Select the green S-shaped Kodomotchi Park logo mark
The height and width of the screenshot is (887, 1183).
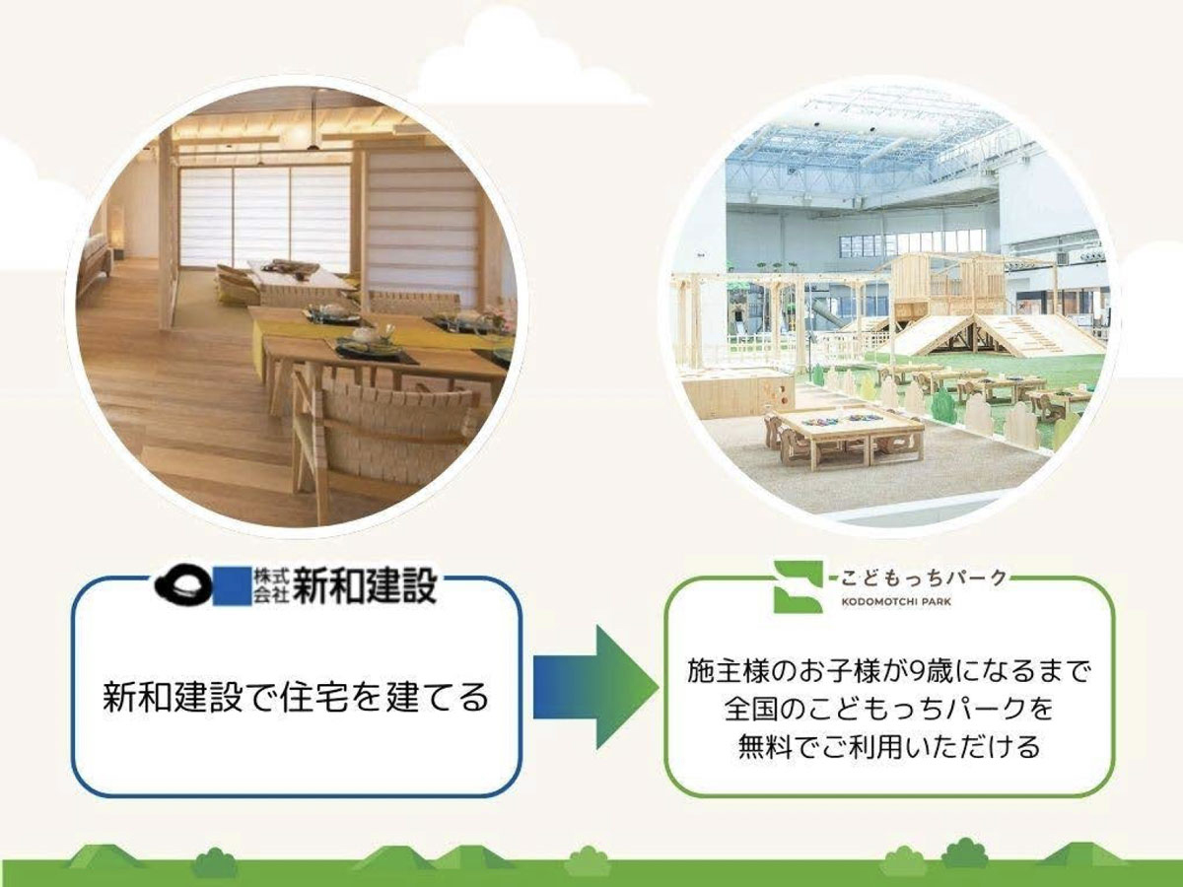point(798,586)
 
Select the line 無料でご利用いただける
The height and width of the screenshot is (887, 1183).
point(889,747)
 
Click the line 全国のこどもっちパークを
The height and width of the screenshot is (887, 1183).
point(889,710)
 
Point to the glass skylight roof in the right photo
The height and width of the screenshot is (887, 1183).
point(868,138)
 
